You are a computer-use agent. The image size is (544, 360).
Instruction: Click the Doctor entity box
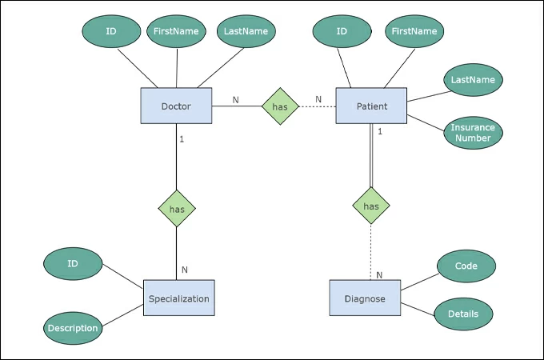[x=176, y=106]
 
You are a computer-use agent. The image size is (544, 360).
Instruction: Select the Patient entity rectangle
[x=371, y=106]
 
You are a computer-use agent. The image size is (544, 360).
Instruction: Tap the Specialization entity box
[x=179, y=298]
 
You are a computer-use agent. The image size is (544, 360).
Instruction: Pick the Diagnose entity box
[x=365, y=298]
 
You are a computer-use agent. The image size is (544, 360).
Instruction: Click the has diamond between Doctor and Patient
[x=280, y=106]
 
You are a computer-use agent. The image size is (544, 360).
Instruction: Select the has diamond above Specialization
[x=177, y=209]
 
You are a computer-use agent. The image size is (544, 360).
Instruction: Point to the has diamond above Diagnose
[x=371, y=206]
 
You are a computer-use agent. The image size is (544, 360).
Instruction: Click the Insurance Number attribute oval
[x=473, y=133]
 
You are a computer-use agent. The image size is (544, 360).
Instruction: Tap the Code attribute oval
[x=466, y=266]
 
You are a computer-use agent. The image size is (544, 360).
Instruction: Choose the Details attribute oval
[x=463, y=314]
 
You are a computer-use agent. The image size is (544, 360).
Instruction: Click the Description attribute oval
[x=73, y=328]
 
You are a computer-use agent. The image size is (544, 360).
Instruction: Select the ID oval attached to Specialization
[x=73, y=263]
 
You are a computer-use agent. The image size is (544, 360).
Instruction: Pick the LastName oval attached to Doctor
[x=246, y=31]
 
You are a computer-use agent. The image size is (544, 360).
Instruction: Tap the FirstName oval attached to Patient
[x=414, y=31]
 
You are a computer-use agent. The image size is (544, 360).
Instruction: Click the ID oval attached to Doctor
[x=111, y=31]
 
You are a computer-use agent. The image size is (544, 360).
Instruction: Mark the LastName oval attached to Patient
[x=473, y=80]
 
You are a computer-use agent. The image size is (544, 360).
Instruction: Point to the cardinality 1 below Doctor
[x=182, y=139]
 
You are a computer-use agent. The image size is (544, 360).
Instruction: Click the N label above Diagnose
[x=379, y=275]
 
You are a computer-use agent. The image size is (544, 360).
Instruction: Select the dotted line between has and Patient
[x=317, y=106]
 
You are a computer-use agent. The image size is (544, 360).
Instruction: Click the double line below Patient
[x=371, y=155]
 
